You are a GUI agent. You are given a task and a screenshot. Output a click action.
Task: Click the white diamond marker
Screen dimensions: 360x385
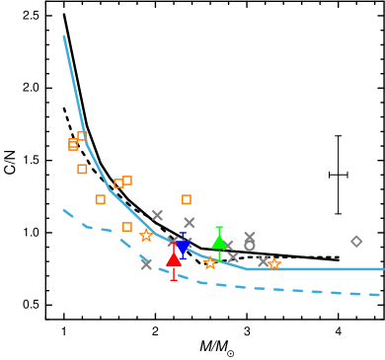coord(356,241)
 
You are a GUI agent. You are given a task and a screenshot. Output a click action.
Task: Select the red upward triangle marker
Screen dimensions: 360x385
coord(174,259)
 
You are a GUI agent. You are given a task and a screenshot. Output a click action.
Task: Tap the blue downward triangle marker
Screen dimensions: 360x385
coord(183,247)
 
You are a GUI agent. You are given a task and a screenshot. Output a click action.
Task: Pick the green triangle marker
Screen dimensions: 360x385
coord(219,242)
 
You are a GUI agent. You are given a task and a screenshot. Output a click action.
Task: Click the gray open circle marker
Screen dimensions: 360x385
coord(250,246)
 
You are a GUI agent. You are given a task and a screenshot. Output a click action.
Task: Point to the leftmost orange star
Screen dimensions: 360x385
coord(146,236)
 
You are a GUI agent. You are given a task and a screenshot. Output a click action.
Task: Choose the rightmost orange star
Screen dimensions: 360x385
coord(274,263)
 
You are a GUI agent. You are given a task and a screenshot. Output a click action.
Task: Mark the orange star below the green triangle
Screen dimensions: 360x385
coord(210,263)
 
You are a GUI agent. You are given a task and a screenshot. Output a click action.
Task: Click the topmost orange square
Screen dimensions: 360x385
coord(82,136)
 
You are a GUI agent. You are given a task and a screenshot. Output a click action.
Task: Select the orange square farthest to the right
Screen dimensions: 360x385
coord(187,199)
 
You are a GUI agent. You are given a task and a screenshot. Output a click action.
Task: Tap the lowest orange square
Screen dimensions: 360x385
coord(126,227)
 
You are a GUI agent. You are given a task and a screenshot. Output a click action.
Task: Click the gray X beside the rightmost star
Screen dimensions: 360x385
coord(264,261)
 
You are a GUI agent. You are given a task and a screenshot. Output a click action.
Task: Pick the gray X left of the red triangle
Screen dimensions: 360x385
coord(146,263)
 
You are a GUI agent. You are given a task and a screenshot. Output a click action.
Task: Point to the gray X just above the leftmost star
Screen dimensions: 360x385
coord(157,215)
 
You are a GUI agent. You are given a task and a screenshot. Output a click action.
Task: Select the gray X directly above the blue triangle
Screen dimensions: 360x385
coord(189,223)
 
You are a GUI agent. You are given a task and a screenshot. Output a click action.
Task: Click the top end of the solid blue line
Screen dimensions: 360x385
coord(64,37)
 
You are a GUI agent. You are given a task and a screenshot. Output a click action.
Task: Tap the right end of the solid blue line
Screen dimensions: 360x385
coord(382,268)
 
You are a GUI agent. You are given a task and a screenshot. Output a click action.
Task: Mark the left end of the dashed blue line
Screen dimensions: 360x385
coord(64,210)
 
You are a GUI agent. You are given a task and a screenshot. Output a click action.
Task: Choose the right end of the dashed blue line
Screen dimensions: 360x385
coord(380,295)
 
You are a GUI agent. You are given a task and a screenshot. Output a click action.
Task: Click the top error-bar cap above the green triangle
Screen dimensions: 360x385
coord(219,228)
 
